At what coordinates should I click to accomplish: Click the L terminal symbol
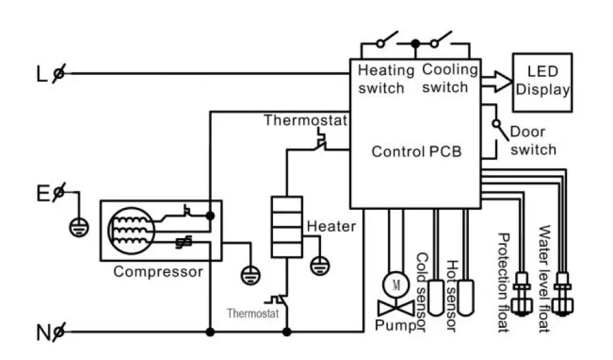click(x=59, y=73)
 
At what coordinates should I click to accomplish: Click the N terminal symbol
click(x=59, y=332)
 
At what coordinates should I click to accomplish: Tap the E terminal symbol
click(x=59, y=192)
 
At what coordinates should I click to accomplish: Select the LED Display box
click(x=542, y=82)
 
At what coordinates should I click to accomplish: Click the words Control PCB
click(x=416, y=151)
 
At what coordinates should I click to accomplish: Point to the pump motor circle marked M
click(x=396, y=285)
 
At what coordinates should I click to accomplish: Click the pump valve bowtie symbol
click(x=396, y=309)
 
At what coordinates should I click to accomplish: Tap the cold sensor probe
click(x=436, y=297)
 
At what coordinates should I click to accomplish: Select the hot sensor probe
click(x=466, y=297)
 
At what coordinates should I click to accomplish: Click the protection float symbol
click(x=523, y=294)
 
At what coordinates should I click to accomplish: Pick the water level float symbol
click(x=563, y=294)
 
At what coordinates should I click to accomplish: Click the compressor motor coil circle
click(x=131, y=230)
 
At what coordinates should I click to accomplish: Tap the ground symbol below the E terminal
click(x=79, y=227)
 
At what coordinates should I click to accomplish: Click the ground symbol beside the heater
click(x=320, y=266)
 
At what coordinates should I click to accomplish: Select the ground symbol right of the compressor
click(x=250, y=274)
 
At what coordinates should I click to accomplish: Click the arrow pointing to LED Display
click(x=497, y=82)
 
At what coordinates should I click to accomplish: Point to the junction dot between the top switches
click(x=416, y=43)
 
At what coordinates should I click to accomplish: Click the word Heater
click(x=331, y=226)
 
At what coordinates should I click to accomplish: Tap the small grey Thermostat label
click(x=253, y=313)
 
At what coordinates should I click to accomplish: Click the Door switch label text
click(x=533, y=140)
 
